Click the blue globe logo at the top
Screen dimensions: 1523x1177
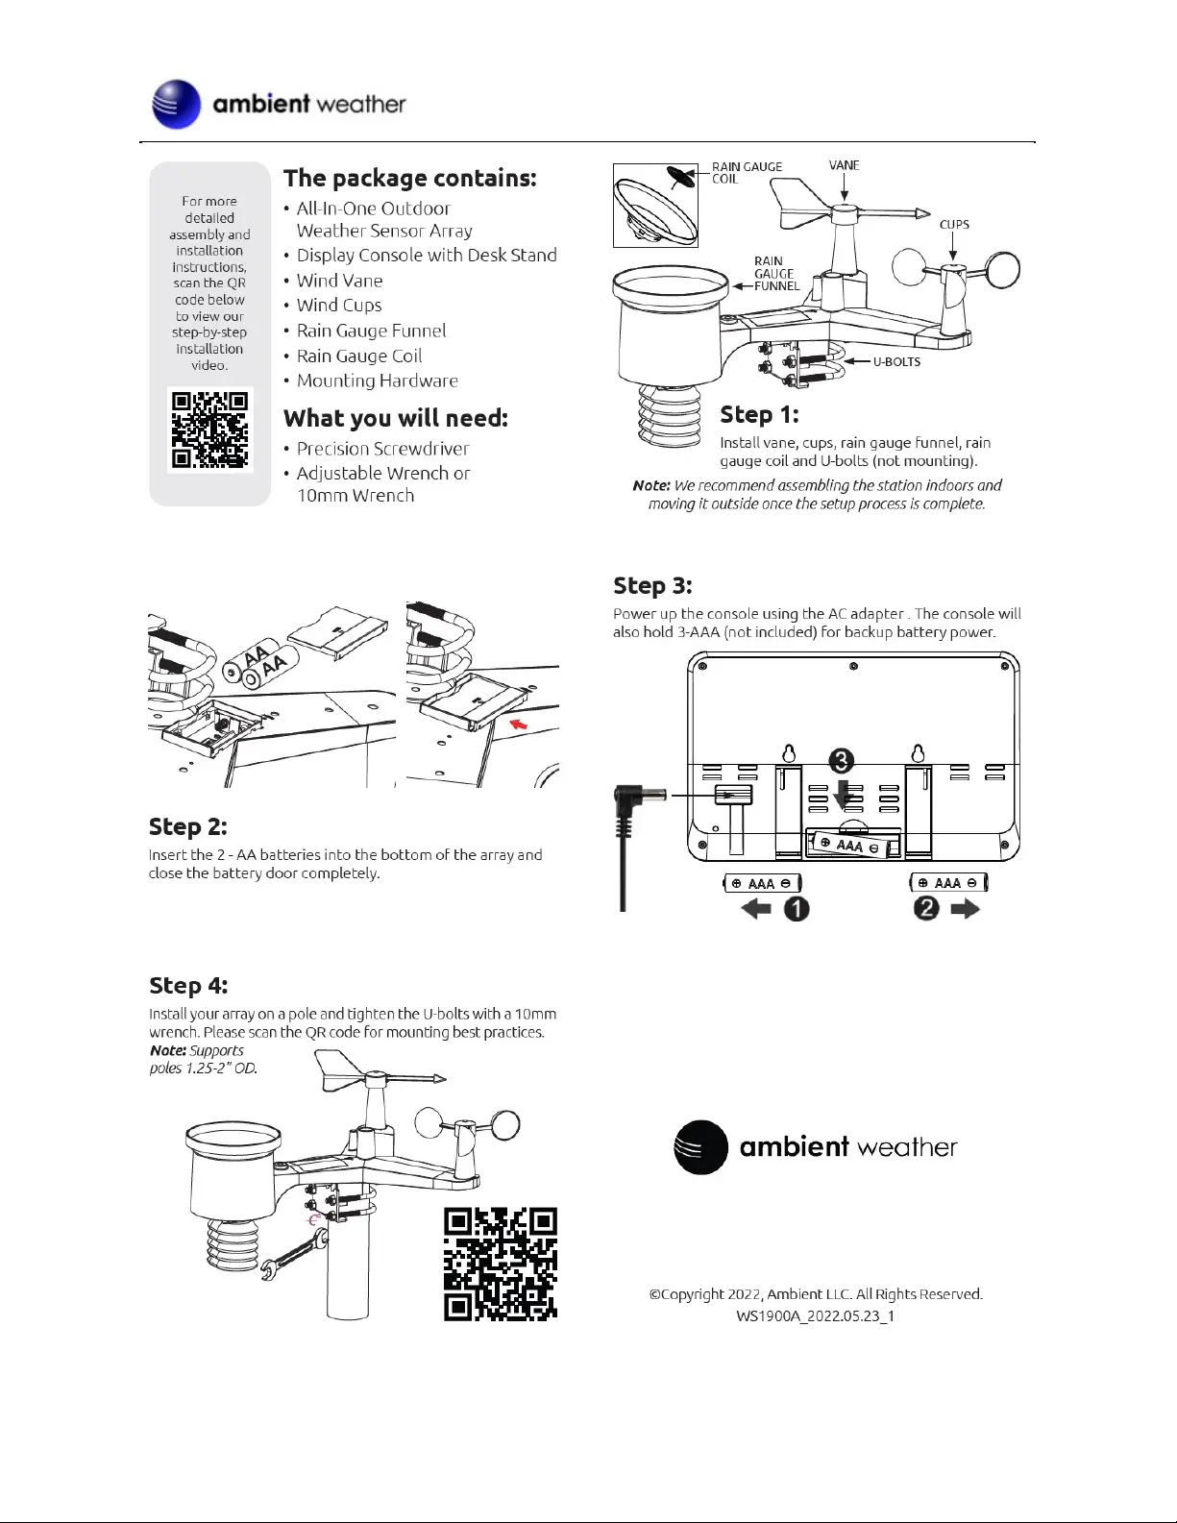point(177,105)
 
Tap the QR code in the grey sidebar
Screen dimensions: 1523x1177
point(209,429)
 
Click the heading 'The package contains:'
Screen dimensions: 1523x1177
point(409,178)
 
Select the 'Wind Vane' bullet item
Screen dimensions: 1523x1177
point(339,281)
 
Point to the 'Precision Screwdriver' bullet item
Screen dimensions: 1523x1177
point(382,449)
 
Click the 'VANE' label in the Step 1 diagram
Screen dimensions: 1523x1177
point(844,165)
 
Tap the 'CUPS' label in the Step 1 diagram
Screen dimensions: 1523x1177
point(954,225)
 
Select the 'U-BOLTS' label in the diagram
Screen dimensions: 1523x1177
point(896,362)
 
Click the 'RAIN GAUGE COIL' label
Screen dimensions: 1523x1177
point(747,173)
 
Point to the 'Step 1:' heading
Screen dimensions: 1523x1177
point(759,414)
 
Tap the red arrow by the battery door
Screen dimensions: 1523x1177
point(519,724)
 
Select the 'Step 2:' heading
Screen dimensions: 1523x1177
point(187,826)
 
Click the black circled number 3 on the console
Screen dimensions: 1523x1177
point(841,761)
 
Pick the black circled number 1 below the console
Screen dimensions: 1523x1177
point(797,908)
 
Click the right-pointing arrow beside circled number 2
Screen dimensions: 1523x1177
point(965,908)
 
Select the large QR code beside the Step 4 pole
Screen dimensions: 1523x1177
point(500,1264)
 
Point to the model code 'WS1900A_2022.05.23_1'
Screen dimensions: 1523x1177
point(815,1316)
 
